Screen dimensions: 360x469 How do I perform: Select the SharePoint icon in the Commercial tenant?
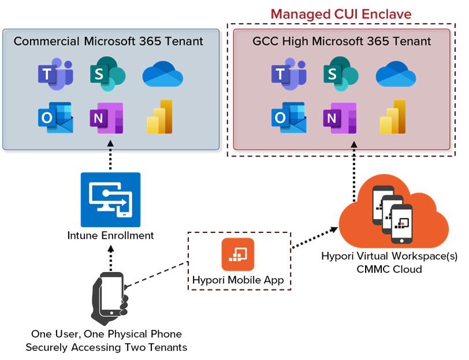[x=107, y=73]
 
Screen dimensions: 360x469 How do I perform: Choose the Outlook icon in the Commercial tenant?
[x=55, y=118]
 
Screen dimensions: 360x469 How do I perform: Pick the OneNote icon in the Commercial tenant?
[x=106, y=118]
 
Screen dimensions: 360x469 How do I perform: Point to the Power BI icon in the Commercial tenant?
[x=160, y=117]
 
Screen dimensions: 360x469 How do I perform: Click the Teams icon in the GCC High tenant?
[x=288, y=74]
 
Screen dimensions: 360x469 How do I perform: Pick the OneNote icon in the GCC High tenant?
[x=340, y=118]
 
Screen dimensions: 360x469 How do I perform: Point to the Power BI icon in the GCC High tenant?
[x=393, y=117]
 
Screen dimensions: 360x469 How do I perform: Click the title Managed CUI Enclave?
[x=341, y=14]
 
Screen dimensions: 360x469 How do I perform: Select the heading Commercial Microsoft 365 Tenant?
[x=109, y=42]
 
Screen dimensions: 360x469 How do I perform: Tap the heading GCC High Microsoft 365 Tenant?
[x=341, y=42]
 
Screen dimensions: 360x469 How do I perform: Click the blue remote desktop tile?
[x=110, y=199]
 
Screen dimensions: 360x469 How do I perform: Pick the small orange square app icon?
[x=238, y=255]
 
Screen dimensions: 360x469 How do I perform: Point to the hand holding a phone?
[x=110, y=297]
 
